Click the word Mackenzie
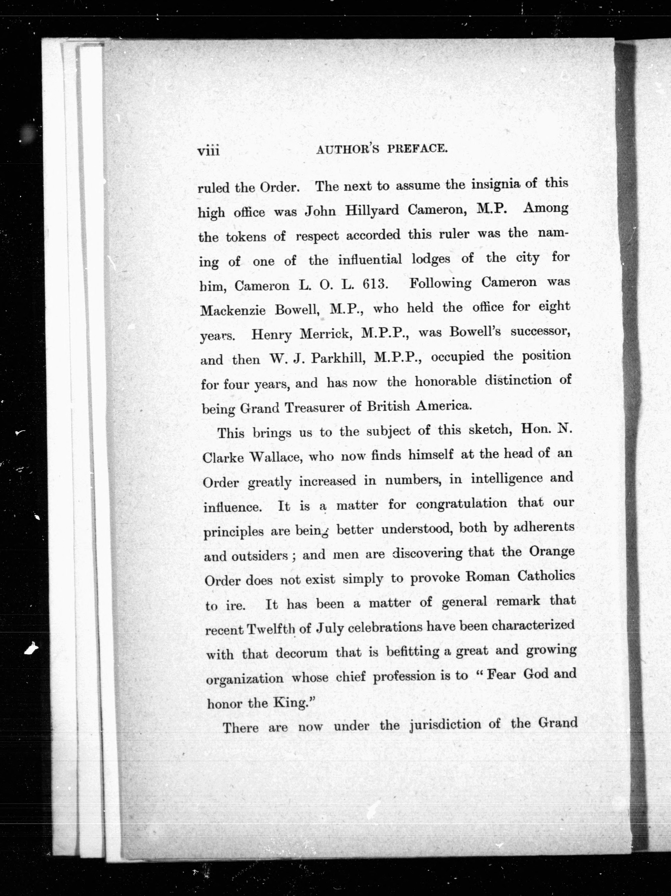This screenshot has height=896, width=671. tap(233, 311)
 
